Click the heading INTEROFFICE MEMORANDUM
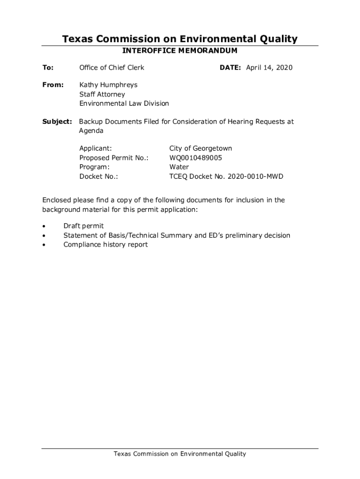(180, 51)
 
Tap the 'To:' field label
(48, 68)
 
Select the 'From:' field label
(53, 85)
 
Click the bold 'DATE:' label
(230, 68)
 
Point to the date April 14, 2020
(269, 68)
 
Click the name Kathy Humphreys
(108, 85)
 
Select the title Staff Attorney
(102, 94)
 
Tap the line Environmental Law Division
(124, 103)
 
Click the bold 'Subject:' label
(57, 122)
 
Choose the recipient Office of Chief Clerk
(112, 68)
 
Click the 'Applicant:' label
(95, 149)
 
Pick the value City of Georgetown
(200, 149)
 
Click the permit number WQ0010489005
(195, 158)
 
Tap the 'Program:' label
(94, 167)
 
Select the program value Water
(179, 167)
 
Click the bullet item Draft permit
(84, 226)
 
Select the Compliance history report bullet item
(105, 245)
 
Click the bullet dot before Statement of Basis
(44, 236)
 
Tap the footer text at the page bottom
(180, 454)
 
